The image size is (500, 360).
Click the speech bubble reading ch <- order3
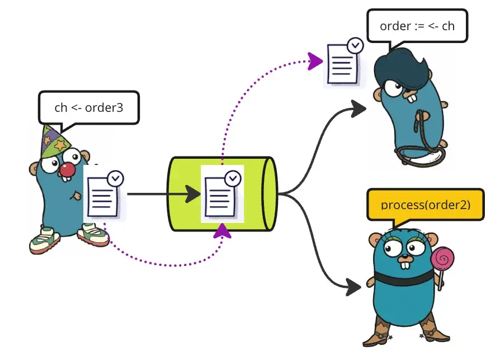coord(88,107)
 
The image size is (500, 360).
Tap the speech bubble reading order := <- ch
coord(417,26)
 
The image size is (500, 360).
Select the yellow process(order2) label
coord(425,205)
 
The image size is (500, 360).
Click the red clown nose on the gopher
coord(68,169)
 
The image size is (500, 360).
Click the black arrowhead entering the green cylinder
coord(193,194)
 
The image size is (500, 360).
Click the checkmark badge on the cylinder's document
coord(233,178)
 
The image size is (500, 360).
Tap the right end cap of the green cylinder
coord(269,194)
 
